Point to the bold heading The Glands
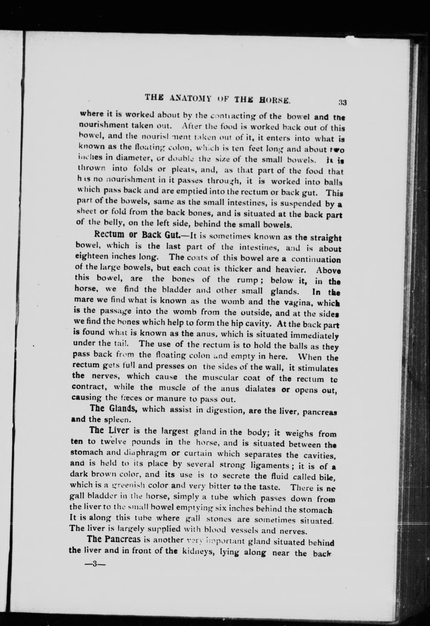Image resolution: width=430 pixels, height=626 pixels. click(114, 408)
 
